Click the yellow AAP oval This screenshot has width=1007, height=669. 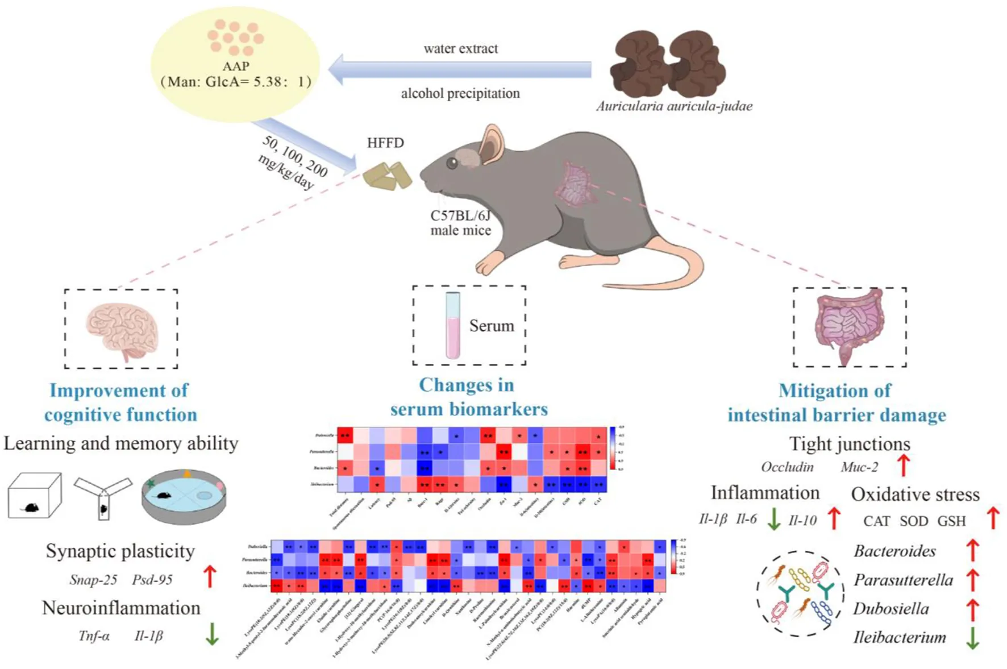tap(235, 64)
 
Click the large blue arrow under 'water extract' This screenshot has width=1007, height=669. tap(460, 70)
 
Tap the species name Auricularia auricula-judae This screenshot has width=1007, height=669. tap(674, 106)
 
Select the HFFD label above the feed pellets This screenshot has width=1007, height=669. tap(385, 143)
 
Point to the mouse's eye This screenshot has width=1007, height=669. tap(452, 164)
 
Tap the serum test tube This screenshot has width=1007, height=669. tap(452, 325)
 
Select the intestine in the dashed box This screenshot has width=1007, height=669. tap(848, 327)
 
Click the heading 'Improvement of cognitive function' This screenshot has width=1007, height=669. tap(120, 402)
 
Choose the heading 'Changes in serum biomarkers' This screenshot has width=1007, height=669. tap(468, 397)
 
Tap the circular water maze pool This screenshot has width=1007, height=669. tap(184, 496)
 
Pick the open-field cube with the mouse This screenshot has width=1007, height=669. tap(34, 496)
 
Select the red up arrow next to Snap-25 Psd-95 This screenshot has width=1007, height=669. tap(210, 576)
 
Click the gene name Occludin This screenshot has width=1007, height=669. tap(787, 467)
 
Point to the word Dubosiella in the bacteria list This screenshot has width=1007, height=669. tap(891, 609)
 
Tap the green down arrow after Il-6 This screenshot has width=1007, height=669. tap(773, 519)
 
